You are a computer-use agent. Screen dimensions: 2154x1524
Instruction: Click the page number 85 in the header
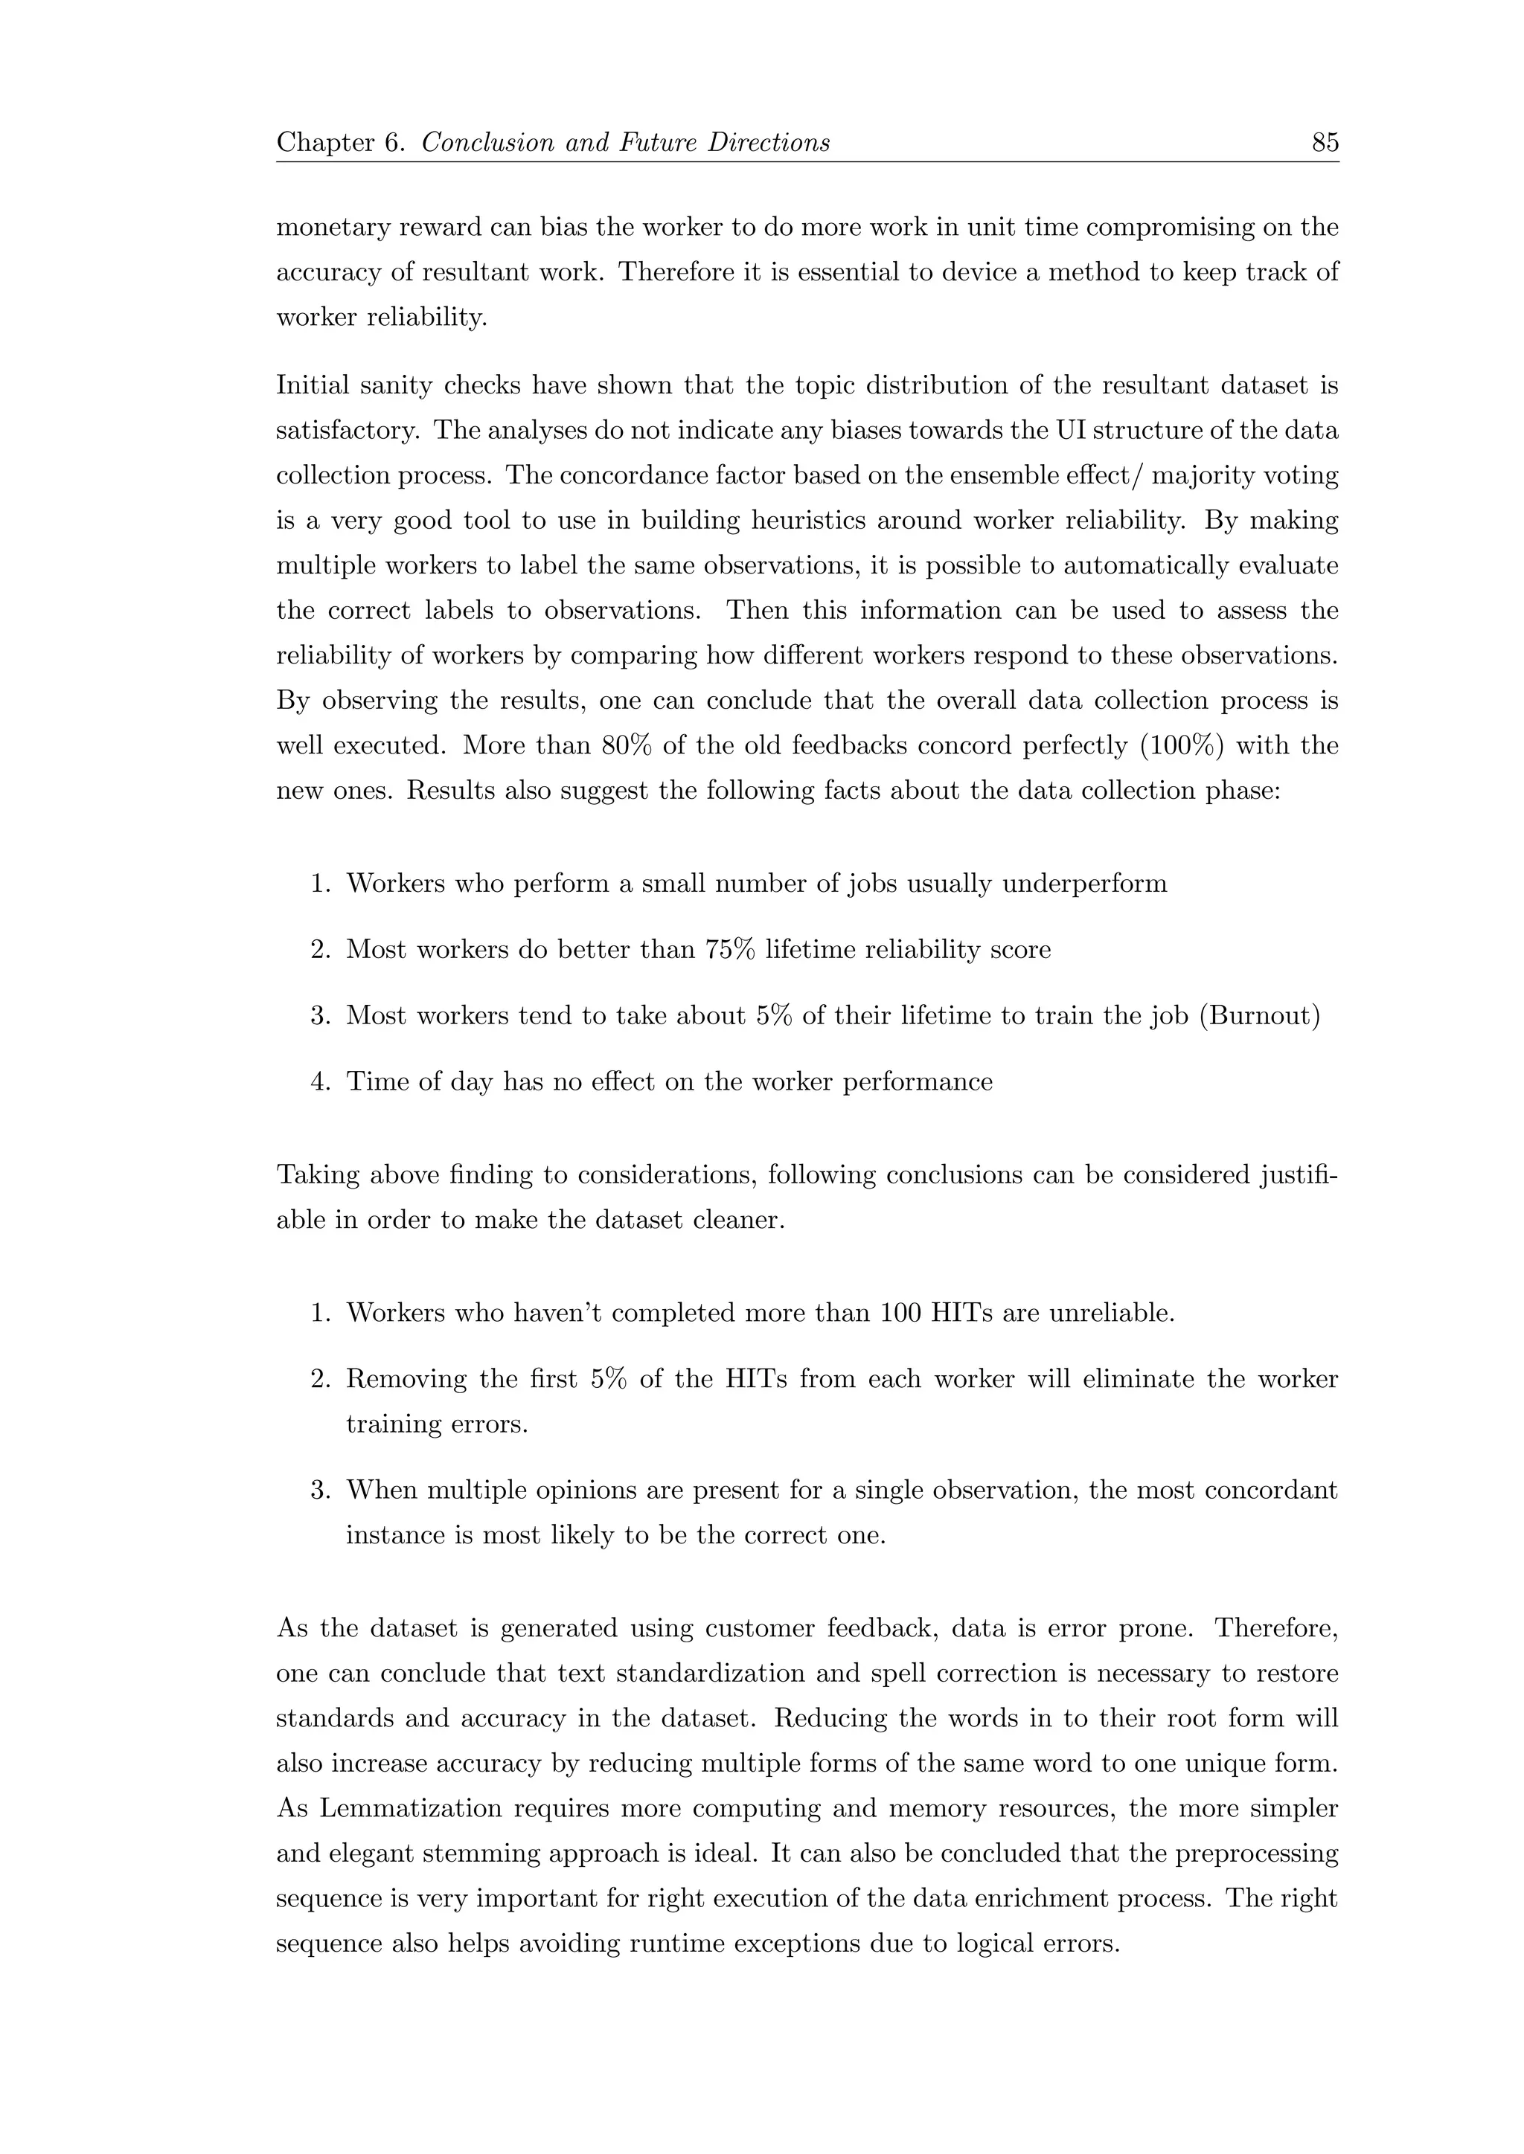click(x=1324, y=143)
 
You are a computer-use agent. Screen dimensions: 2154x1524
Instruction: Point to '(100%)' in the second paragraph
click(x=1235, y=746)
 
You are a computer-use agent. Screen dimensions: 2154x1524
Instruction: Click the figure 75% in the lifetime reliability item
click(x=729, y=949)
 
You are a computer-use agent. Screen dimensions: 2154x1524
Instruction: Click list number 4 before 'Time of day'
click(x=319, y=1081)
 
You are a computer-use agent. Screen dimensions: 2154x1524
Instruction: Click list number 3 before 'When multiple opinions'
click(x=319, y=1490)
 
